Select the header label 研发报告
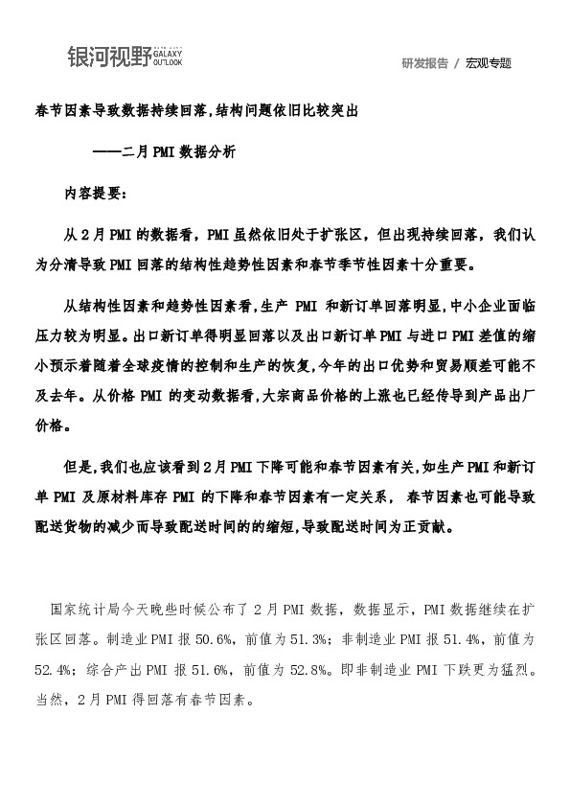click(425, 63)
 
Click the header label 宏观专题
click(489, 63)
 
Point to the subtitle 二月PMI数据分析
click(175, 152)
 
